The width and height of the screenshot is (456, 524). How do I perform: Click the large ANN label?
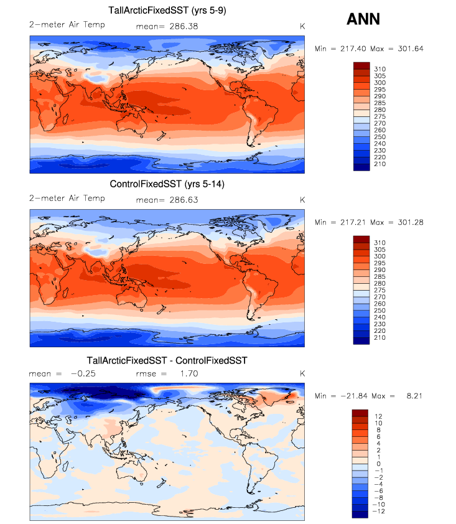(363, 19)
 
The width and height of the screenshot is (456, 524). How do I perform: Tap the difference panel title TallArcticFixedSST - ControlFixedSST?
(167, 360)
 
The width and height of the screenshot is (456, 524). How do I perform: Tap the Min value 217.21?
(353, 222)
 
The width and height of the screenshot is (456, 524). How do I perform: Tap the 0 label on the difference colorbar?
(376, 464)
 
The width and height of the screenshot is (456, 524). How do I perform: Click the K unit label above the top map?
(302, 26)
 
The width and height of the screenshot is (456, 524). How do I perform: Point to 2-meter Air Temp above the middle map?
(67, 199)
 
